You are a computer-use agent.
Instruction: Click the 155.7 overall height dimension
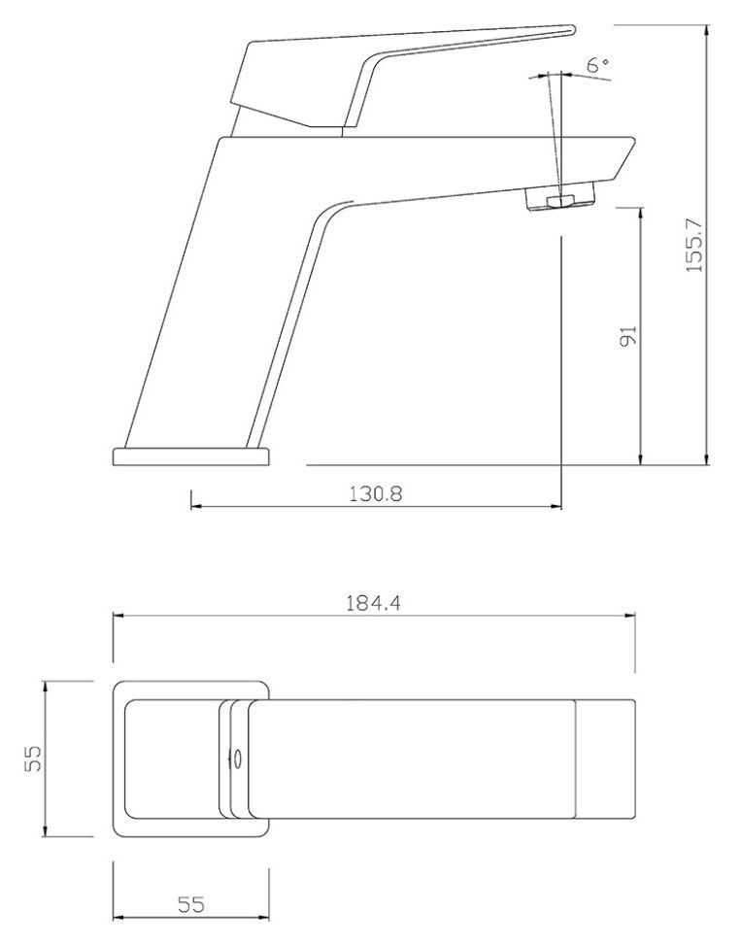click(694, 245)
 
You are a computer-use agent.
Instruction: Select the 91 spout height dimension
click(627, 336)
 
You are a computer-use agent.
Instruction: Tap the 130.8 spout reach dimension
click(376, 494)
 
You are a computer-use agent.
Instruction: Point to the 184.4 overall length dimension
click(373, 602)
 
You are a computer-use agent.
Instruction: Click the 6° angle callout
click(598, 64)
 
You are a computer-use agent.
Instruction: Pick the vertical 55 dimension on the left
click(34, 758)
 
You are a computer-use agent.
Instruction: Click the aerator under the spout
click(560, 199)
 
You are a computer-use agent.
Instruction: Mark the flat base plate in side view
click(191, 456)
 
